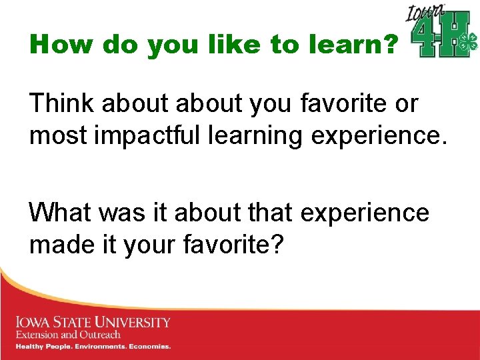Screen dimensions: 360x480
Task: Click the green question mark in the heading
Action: pos(391,45)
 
